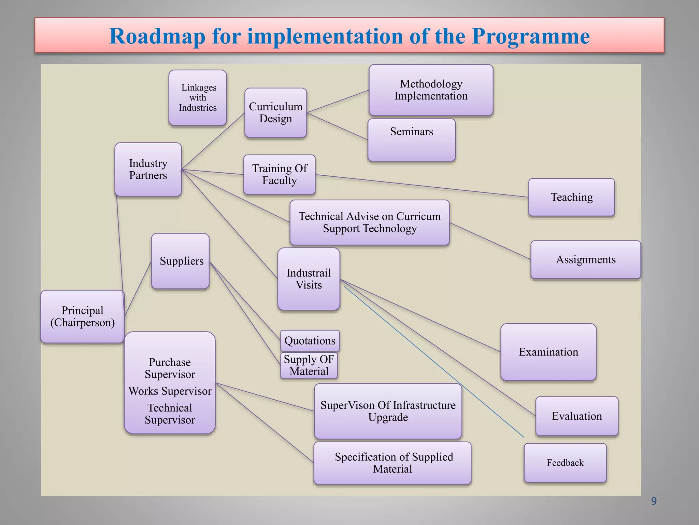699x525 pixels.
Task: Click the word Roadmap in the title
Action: [x=157, y=36]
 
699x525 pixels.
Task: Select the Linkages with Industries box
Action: [x=198, y=98]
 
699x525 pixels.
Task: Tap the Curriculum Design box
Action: [x=275, y=113]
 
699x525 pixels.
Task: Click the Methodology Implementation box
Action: [x=431, y=90]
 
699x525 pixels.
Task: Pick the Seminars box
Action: [x=412, y=140]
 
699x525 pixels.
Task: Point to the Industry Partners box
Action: [x=148, y=170]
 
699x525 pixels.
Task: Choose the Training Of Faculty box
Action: [x=279, y=175]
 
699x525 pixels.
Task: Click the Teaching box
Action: [x=571, y=197]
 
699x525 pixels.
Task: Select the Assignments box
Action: [x=586, y=259]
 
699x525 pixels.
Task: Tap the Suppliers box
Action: [x=181, y=261]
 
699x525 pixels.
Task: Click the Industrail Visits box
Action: [x=309, y=279]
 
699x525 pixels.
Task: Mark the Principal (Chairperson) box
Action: [x=82, y=317]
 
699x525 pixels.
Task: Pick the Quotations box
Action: [x=310, y=341]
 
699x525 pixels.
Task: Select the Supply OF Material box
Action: [x=309, y=365]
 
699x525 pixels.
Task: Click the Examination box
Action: [x=548, y=352]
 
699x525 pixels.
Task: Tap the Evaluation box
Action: [x=577, y=416]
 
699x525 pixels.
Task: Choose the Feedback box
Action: [x=565, y=463]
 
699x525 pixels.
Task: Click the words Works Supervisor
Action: [x=170, y=391]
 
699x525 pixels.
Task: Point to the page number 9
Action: [x=654, y=501]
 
